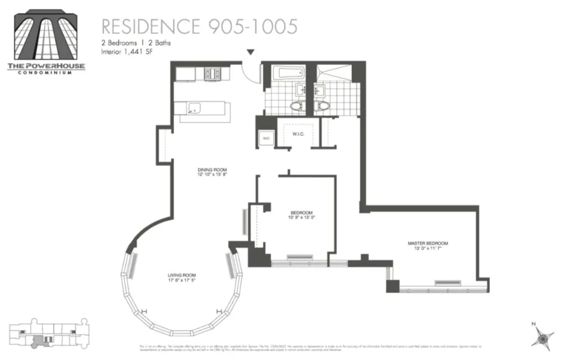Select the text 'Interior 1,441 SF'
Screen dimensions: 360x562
coord(125,53)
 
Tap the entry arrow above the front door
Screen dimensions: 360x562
coord(250,54)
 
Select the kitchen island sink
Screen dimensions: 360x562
coord(194,109)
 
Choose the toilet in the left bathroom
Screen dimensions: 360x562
coord(296,105)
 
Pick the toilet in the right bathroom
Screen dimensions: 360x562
coord(323,105)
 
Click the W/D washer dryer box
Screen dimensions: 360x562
coord(266,138)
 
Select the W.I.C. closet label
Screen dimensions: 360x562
coord(297,135)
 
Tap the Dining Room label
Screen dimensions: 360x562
coord(211,170)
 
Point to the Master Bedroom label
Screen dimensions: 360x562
coord(428,243)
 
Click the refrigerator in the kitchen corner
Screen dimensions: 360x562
coord(185,73)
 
